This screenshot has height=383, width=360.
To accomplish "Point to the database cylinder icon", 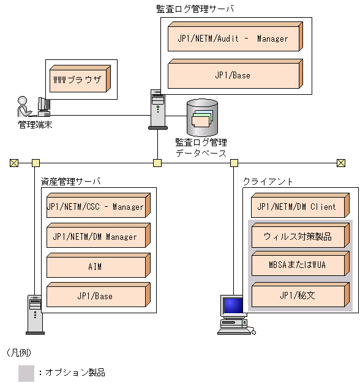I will [202, 117].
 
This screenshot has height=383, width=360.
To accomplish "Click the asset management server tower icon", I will [34, 314].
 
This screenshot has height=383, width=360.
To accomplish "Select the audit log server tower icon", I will [157, 109].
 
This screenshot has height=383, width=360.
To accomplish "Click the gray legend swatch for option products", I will [26, 373].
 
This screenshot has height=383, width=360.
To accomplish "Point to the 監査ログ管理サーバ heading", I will [195, 9].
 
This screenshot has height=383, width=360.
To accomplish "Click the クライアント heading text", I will [268, 182].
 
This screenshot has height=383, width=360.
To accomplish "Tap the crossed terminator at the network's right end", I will [341, 163].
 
